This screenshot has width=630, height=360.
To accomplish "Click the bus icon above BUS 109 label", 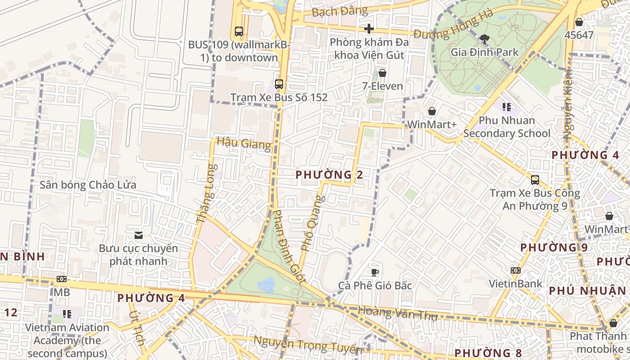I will pos(239,31).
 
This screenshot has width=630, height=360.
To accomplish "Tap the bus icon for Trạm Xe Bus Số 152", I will pos(279,84).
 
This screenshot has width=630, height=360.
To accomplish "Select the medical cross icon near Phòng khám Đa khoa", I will pos(369,29).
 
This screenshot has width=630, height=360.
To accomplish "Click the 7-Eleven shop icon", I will pos(382,72).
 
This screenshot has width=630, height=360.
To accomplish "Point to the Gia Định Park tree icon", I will pos(485,39).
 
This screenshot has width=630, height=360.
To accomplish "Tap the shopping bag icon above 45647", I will pos(579,22).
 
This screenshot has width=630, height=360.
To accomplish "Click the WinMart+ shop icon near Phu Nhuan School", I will pos(432,111).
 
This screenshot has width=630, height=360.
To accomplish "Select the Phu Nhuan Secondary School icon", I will pos(507,107).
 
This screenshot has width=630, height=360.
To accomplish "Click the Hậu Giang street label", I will pos(244,143).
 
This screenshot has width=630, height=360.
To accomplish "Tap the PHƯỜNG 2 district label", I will pos(329,175).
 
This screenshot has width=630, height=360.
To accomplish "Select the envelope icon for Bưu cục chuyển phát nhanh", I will pos(139,235).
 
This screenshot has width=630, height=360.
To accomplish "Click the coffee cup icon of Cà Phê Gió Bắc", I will pos(375,272).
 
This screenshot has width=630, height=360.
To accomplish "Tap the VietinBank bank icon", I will pos(516,270).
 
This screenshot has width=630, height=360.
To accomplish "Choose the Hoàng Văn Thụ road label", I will pos(397,313).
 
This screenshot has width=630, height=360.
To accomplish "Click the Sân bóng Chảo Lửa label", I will pos(88,185).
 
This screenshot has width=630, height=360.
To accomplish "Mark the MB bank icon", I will pos(62,279).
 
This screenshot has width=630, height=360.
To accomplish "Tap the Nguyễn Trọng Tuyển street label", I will pos(308,345).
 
